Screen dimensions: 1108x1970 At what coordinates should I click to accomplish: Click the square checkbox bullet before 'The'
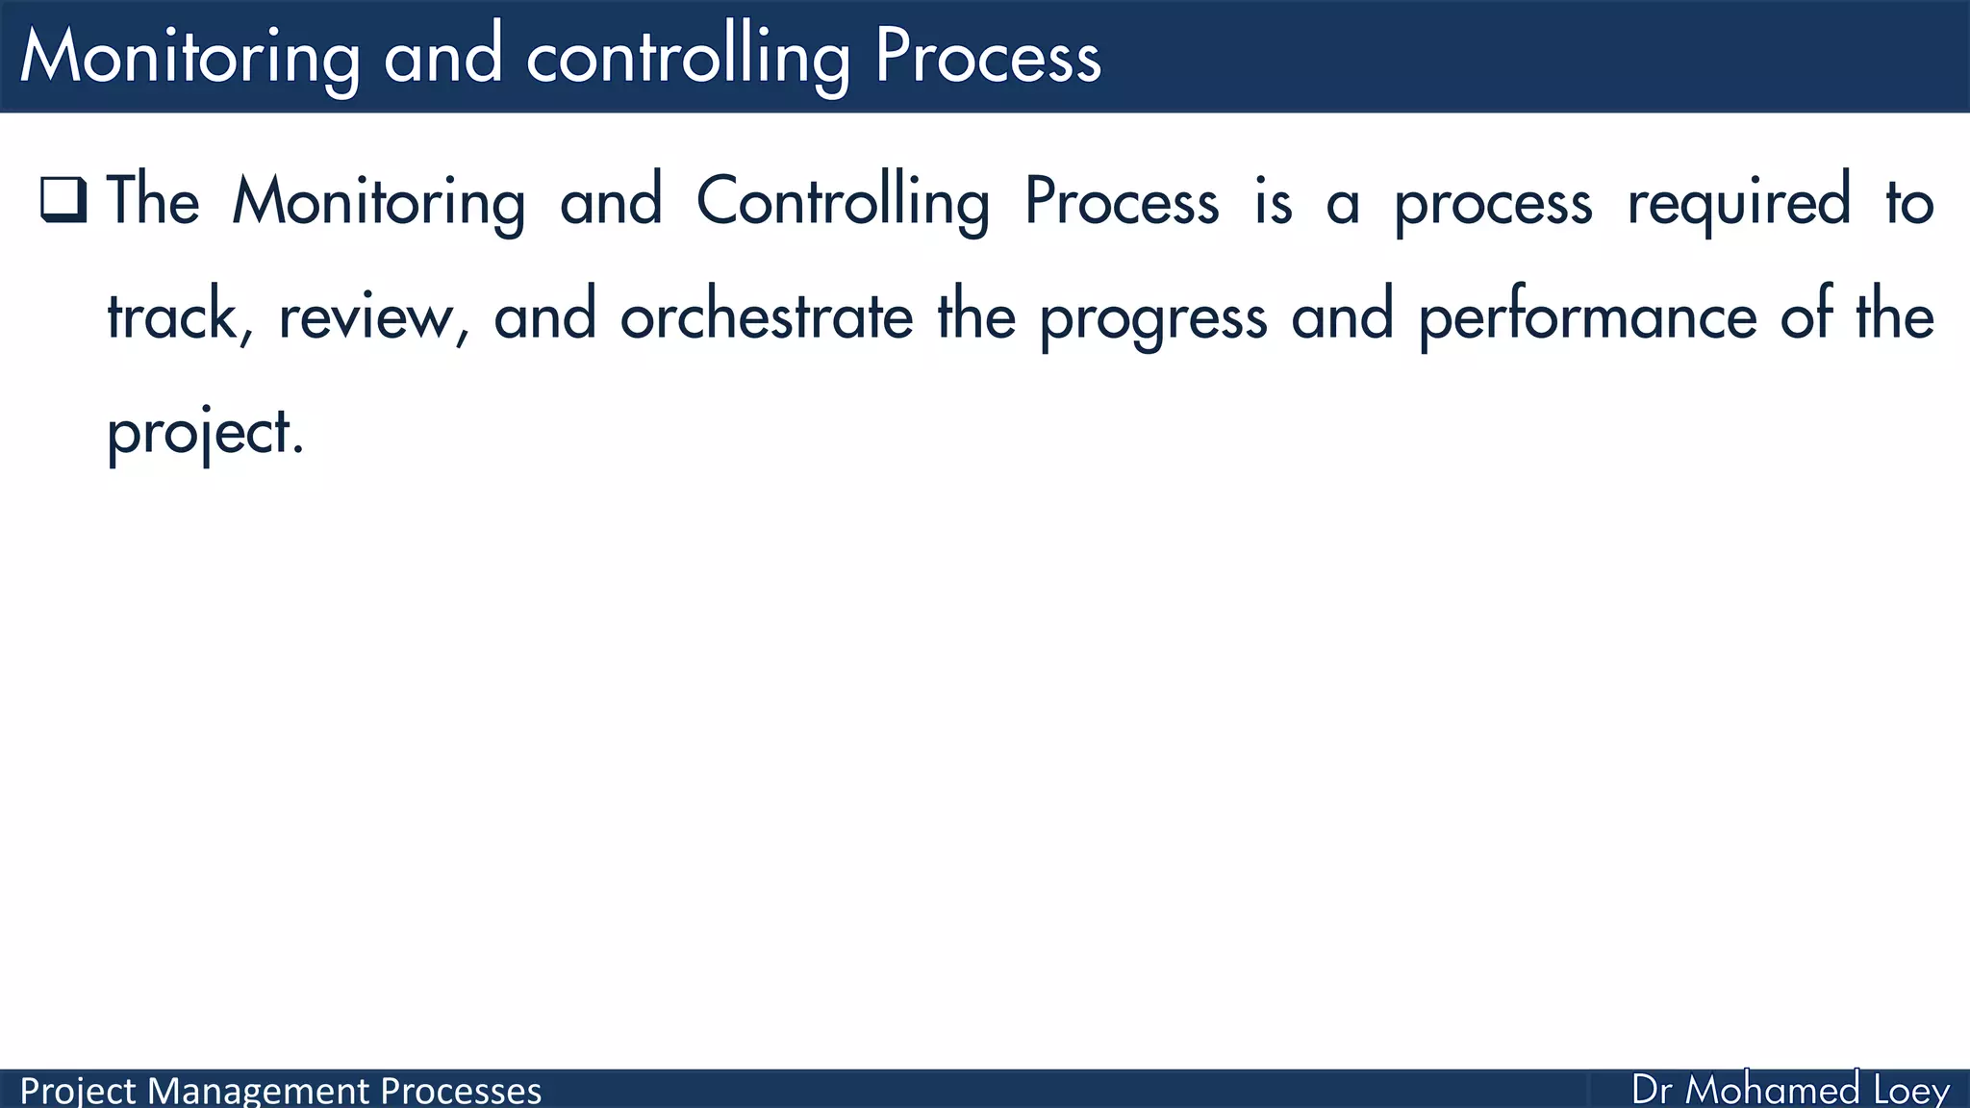pyautogui.click(x=63, y=200)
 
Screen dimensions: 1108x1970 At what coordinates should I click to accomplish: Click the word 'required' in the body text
pyautogui.click(x=1738, y=203)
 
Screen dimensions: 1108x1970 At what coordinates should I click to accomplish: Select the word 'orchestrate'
pyautogui.click(x=767, y=316)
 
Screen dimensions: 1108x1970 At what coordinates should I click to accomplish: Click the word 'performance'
pyautogui.click(x=1588, y=316)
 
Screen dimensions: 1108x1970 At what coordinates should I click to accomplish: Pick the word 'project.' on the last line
pyautogui.click(x=204, y=433)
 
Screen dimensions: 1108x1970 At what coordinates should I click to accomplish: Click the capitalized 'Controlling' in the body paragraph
pyautogui.click(x=843, y=201)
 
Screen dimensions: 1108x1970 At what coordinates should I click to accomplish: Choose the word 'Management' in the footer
pyautogui.click(x=259, y=1091)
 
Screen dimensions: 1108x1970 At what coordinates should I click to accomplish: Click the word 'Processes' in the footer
pyautogui.click(x=461, y=1091)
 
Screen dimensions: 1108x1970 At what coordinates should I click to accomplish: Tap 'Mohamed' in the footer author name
pyautogui.click(x=1773, y=1090)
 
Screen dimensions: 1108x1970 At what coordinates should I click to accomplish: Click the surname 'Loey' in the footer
pyautogui.click(x=1911, y=1090)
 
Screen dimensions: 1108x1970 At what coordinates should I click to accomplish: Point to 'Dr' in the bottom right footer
pyautogui.click(x=1652, y=1090)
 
